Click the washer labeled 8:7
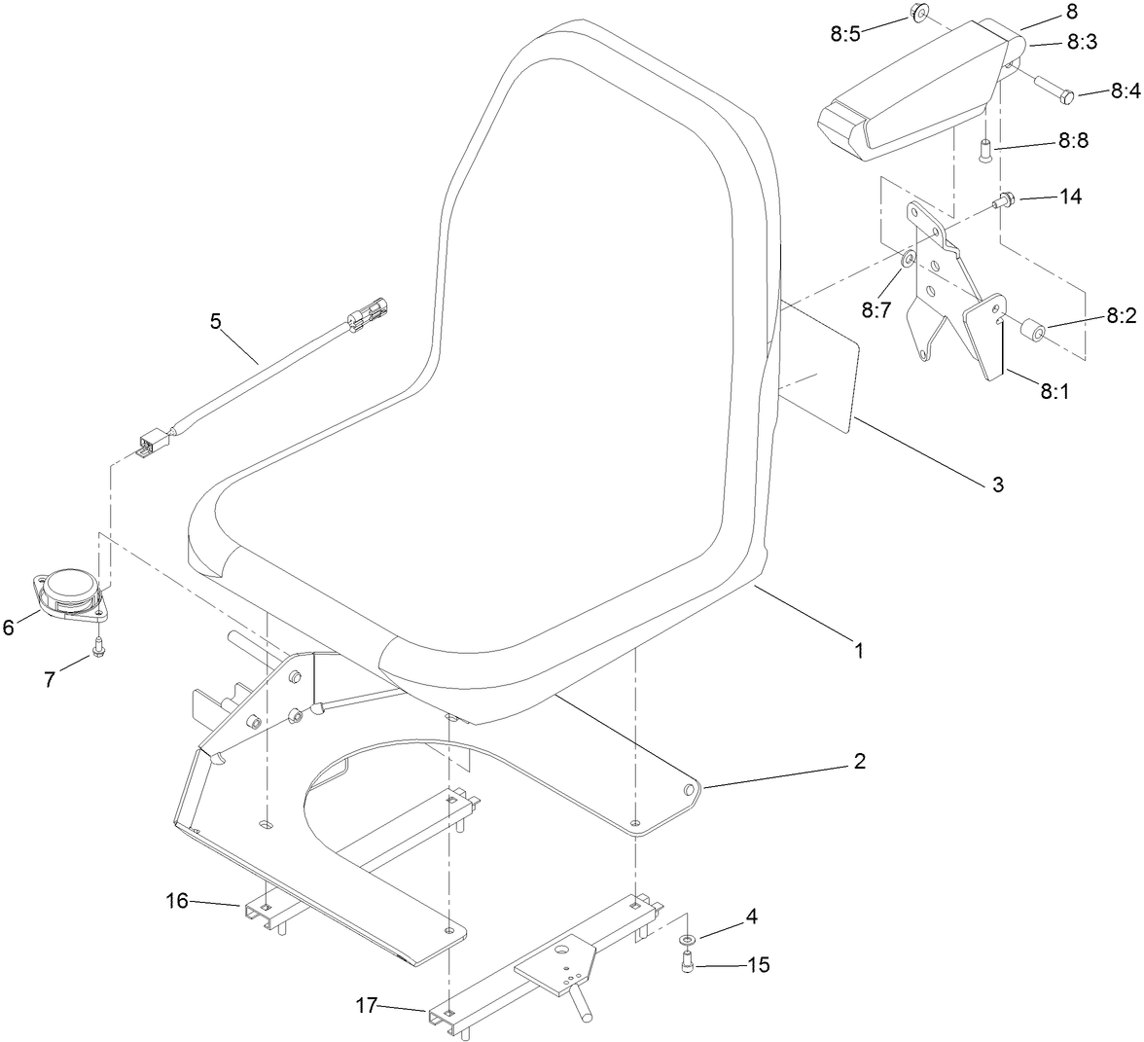pyautogui.click(x=907, y=259)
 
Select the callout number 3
pyautogui.click(x=997, y=484)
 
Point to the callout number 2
pyautogui.click(x=858, y=762)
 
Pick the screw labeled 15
pyautogui.click(x=688, y=963)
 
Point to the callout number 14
pyautogui.click(x=1070, y=196)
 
